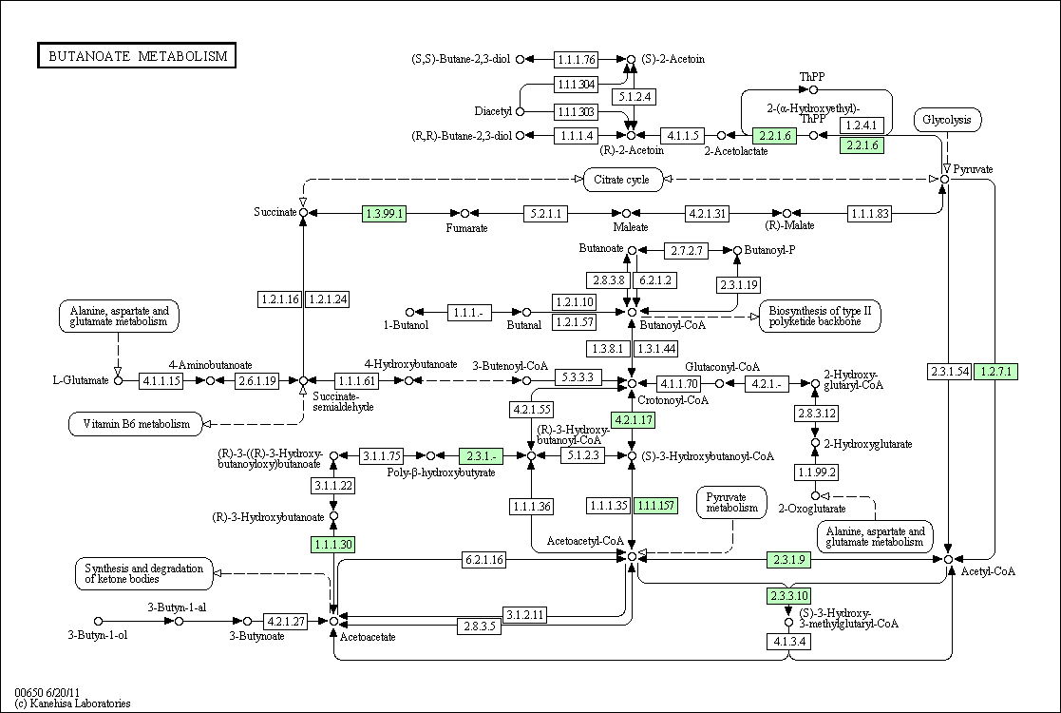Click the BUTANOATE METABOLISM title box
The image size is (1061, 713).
137,55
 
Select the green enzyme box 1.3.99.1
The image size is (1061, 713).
385,214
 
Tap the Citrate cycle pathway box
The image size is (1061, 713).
622,180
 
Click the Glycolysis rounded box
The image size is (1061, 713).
947,120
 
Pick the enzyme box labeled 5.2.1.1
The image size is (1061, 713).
545,214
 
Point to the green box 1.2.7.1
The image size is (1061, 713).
995,372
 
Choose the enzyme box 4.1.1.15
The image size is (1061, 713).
161,380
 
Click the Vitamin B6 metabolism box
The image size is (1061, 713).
136,424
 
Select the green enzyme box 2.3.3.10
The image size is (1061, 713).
788,596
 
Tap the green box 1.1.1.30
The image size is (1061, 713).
332,545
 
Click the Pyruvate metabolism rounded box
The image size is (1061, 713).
732,502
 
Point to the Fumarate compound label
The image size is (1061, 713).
466,228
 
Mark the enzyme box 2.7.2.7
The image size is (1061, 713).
686,251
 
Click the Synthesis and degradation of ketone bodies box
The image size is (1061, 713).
143,573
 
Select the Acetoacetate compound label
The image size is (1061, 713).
368,637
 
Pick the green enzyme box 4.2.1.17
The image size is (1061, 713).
634,420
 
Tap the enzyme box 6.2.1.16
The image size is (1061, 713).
483,560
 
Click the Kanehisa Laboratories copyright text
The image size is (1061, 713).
72,703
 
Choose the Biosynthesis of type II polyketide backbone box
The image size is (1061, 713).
820,317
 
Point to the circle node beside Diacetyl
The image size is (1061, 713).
520,111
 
